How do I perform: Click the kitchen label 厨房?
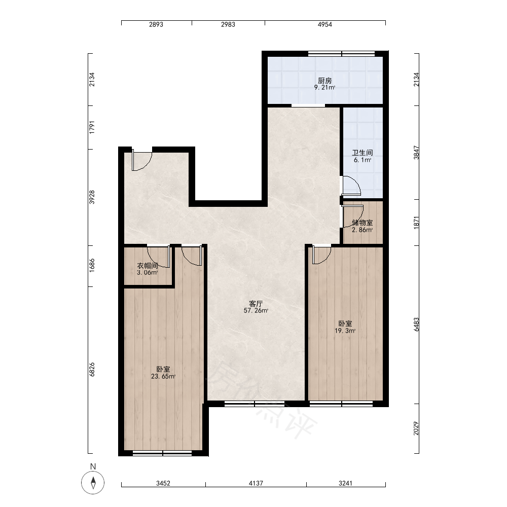pyautogui.click(x=324, y=81)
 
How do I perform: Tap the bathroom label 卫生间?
pyautogui.click(x=362, y=153)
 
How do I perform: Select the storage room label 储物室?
pyautogui.click(x=362, y=223)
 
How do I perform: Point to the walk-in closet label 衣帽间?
pyautogui.click(x=148, y=266)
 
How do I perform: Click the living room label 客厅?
pyautogui.click(x=256, y=304)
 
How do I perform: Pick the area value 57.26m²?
pyautogui.click(x=256, y=311)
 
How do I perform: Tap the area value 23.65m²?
pyautogui.click(x=163, y=376)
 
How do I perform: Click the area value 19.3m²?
pyautogui.click(x=345, y=331)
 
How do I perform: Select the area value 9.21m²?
pyautogui.click(x=324, y=88)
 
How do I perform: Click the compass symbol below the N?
pyautogui.click(x=93, y=483)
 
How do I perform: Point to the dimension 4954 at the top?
pyautogui.click(x=324, y=24)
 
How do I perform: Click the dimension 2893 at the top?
pyautogui.click(x=156, y=24)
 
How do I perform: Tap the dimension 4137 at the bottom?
pyautogui.click(x=256, y=483)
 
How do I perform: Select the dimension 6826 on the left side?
pyautogui.click(x=92, y=370)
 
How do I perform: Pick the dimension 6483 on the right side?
pyautogui.click(x=416, y=324)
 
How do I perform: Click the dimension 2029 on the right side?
pyautogui.click(x=416, y=428)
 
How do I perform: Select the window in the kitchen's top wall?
pyautogui.click(x=341, y=54)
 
